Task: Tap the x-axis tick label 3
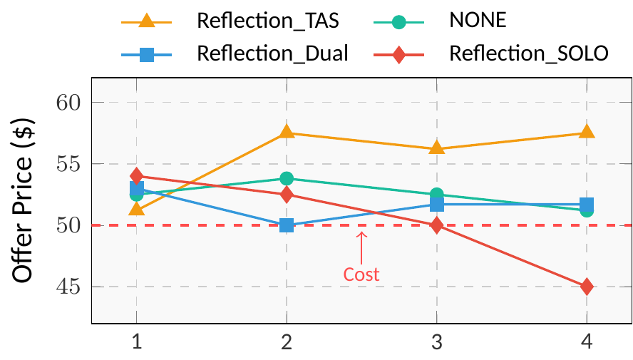436,343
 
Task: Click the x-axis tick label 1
137,343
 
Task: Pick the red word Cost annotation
361,274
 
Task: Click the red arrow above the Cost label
361,246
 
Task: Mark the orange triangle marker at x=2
287,132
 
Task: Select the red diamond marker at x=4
587,287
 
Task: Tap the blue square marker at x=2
287,225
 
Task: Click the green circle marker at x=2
287,178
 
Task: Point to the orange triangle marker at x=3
436,148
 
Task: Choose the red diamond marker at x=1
137,175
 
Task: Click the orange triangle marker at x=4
587,132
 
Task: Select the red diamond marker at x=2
287,194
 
